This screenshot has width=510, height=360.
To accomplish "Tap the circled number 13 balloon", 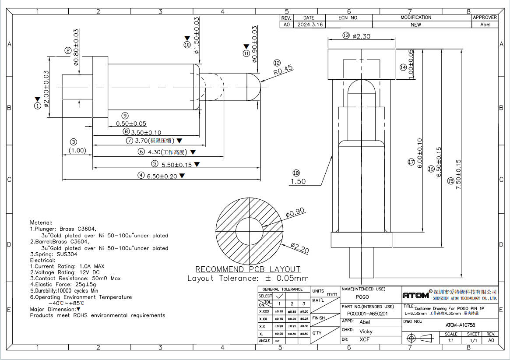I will point(346,35).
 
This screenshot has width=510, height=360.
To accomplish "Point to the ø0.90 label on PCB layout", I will point(295,213).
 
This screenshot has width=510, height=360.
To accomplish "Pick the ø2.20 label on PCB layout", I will point(299,248).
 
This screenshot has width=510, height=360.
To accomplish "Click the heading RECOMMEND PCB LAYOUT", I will point(248,269).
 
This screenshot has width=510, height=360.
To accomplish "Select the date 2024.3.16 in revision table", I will point(310,25).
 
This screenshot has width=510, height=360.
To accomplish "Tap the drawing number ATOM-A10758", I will point(460,325).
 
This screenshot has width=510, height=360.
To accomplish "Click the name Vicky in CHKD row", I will point(366,332).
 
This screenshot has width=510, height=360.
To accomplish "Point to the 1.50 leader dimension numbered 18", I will point(298,181).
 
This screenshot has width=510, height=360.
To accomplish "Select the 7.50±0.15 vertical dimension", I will point(459,173).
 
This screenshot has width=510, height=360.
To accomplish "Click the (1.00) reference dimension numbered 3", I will point(77,150).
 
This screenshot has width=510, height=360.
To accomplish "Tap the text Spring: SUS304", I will point(53,254).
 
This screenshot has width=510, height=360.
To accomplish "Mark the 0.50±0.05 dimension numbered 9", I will point(131,124).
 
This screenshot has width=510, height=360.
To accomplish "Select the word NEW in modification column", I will point(415,25).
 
